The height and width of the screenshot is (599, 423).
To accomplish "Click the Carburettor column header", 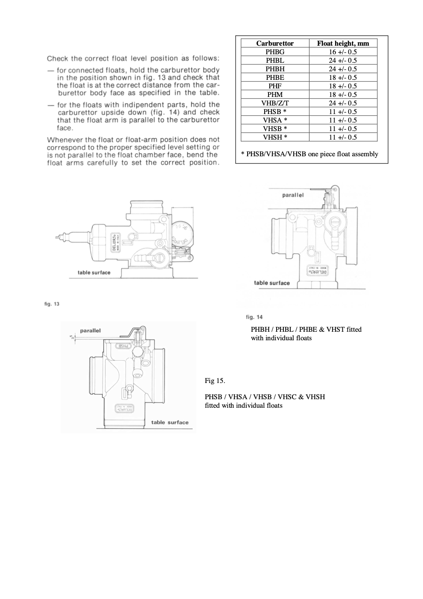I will pos(275,43).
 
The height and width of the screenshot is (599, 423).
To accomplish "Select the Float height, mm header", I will pos(343,43).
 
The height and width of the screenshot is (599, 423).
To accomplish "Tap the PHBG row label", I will pos(275,52).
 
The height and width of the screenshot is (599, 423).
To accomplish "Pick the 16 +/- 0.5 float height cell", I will pos(343,52).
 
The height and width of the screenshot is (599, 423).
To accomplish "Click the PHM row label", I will pos(275,94).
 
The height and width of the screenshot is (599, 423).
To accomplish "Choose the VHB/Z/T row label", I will pos(275,103).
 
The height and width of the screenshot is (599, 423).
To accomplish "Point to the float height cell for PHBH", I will pos(343,69).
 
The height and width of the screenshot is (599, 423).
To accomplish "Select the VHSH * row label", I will pos(275,137).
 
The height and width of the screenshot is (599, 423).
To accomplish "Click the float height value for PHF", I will pos(343,86).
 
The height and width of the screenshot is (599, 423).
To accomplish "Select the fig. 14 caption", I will pos(254,317).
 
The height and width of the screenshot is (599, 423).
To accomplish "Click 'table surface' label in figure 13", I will pos(94,272).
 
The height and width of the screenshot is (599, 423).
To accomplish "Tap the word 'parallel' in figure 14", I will pos(293,195).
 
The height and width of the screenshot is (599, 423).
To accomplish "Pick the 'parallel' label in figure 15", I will pos(90,330).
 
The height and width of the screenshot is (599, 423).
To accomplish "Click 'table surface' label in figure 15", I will pos(169,422).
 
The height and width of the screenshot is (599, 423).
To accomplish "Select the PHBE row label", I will pos(275,77).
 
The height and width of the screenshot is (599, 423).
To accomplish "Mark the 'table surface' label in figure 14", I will pos(271,283).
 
